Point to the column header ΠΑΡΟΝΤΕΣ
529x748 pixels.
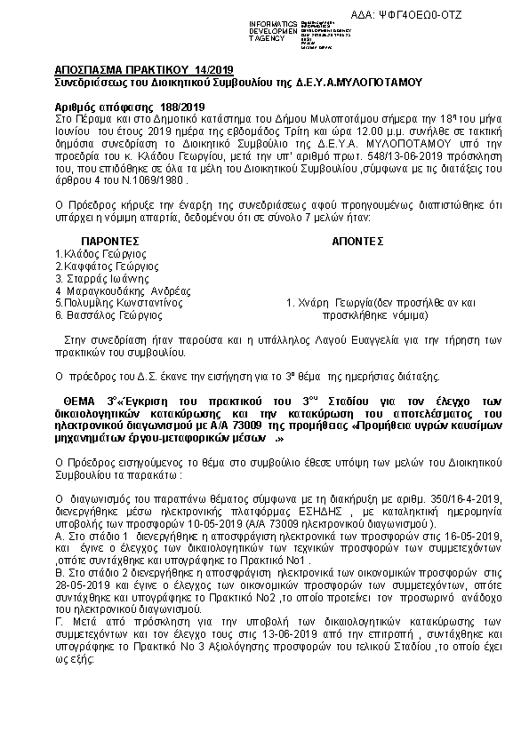pyautogui.click(x=110, y=241)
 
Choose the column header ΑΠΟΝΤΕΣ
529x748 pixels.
pyautogui.click(x=357, y=241)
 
